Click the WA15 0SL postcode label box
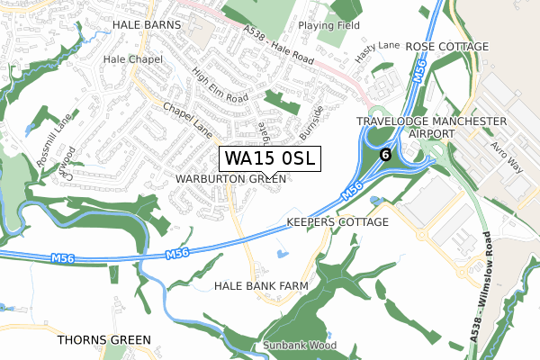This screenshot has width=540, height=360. (x=268, y=159)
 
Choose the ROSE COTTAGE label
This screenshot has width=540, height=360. (x=446, y=46)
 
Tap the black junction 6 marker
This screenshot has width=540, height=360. (x=385, y=154)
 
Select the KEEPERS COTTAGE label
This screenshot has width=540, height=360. (x=337, y=221)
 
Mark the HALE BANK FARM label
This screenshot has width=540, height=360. (x=261, y=285)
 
